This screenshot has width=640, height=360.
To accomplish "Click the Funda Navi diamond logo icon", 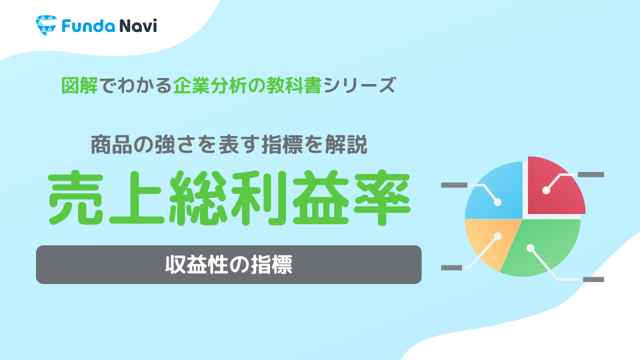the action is click(x=46, y=25).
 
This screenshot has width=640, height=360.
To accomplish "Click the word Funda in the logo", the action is click(x=88, y=26).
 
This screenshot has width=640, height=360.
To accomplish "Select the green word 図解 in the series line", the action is click(x=79, y=86).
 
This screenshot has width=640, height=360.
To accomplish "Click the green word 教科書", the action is click(x=294, y=86).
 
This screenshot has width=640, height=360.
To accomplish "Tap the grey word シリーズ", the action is click(x=359, y=86).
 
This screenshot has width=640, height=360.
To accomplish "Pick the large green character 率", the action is click(x=381, y=198).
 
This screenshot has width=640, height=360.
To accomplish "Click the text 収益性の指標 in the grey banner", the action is click(x=229, y=265).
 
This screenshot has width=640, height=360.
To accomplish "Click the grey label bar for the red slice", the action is click(x=591, y=175).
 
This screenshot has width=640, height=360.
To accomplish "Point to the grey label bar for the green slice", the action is click(x=593, y=279).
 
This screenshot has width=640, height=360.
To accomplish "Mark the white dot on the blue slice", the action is click(x=497, y=201).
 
